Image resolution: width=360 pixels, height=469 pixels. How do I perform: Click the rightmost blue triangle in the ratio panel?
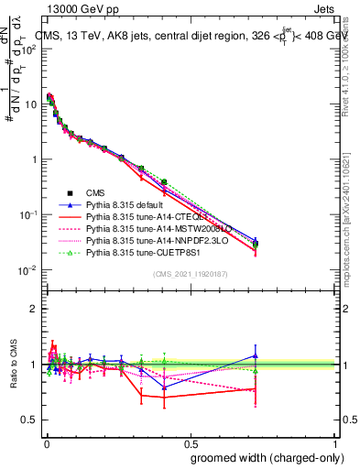(x=256, y=355)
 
